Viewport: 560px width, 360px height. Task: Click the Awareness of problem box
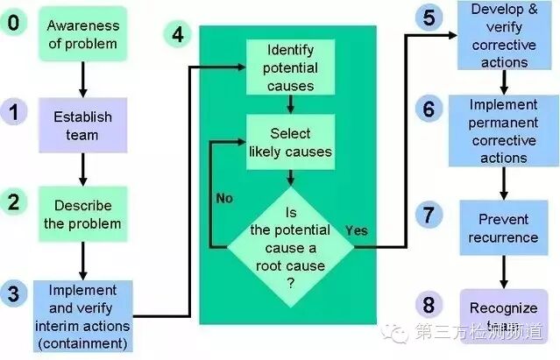click(x=82, y=34)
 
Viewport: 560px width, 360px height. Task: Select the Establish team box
click(x=82, y=124)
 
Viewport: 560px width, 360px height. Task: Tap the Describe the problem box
click(x=82, y=213)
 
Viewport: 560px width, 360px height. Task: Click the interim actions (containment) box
click(x=82, y=315)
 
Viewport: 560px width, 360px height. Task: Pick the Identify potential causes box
click(x=289, y=67)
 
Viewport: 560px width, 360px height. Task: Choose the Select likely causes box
click(x=289, y=142)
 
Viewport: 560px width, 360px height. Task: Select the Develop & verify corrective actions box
click(x=503, y=36)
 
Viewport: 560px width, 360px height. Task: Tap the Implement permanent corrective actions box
click(x=503, y=131)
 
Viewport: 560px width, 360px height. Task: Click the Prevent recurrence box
click(x=503, y=228)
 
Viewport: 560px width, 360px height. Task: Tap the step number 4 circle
click(x=178, y=34)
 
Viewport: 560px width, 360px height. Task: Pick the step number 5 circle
click(x=428, y=18)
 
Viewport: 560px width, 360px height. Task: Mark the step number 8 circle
click(x=428, y=305)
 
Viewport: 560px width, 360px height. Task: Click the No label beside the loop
click(x=224, y=198)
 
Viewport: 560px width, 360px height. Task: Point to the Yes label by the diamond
click(x=357, y=230)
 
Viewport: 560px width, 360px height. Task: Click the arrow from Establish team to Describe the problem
click(x=82, y=166)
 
